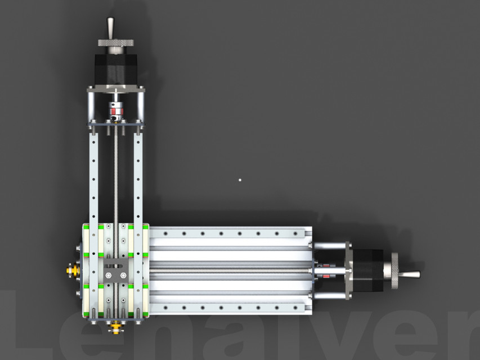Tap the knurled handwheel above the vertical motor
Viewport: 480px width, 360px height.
point(116,43)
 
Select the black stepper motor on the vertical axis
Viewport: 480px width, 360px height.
point(116,67)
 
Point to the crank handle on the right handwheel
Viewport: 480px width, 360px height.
point(410,274)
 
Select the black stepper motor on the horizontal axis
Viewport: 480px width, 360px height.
point(369,270)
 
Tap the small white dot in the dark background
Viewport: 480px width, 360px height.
point(240,180)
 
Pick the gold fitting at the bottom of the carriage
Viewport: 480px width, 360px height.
point(115,326)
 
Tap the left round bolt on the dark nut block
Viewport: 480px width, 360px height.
point(108,275)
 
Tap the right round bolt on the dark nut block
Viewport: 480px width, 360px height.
point(124,275)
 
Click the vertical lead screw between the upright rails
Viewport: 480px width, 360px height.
point(116,174)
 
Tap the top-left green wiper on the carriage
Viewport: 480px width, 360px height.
point(86,227)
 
